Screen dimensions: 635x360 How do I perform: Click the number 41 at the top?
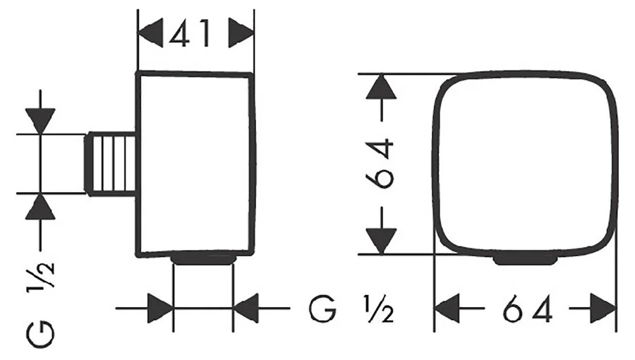[190, 33]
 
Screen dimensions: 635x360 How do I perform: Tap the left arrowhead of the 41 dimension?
[151, 33]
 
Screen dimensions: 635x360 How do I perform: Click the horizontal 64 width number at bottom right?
[528, 308]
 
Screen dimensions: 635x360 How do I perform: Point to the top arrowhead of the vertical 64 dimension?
[381, 87]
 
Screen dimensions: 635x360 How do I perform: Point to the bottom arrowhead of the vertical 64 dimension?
[381, 241]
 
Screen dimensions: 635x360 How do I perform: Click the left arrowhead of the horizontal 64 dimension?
[447, 308]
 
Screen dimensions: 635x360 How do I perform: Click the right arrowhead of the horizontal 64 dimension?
[603, 308]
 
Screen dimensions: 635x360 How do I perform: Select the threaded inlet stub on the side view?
[110, 164]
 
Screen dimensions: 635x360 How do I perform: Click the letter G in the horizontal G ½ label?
[322, 309]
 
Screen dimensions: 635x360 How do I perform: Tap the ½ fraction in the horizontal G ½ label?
[379, 309]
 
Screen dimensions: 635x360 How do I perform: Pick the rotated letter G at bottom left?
[40, 335]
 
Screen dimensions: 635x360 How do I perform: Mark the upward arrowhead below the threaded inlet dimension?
[40, 207]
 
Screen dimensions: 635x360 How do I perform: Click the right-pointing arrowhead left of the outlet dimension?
[161, 308]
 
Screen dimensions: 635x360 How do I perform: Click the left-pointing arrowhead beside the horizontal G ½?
[246, 308]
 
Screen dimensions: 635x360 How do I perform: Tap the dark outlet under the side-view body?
[203, 259]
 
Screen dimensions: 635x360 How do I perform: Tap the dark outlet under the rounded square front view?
[525, 258]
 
